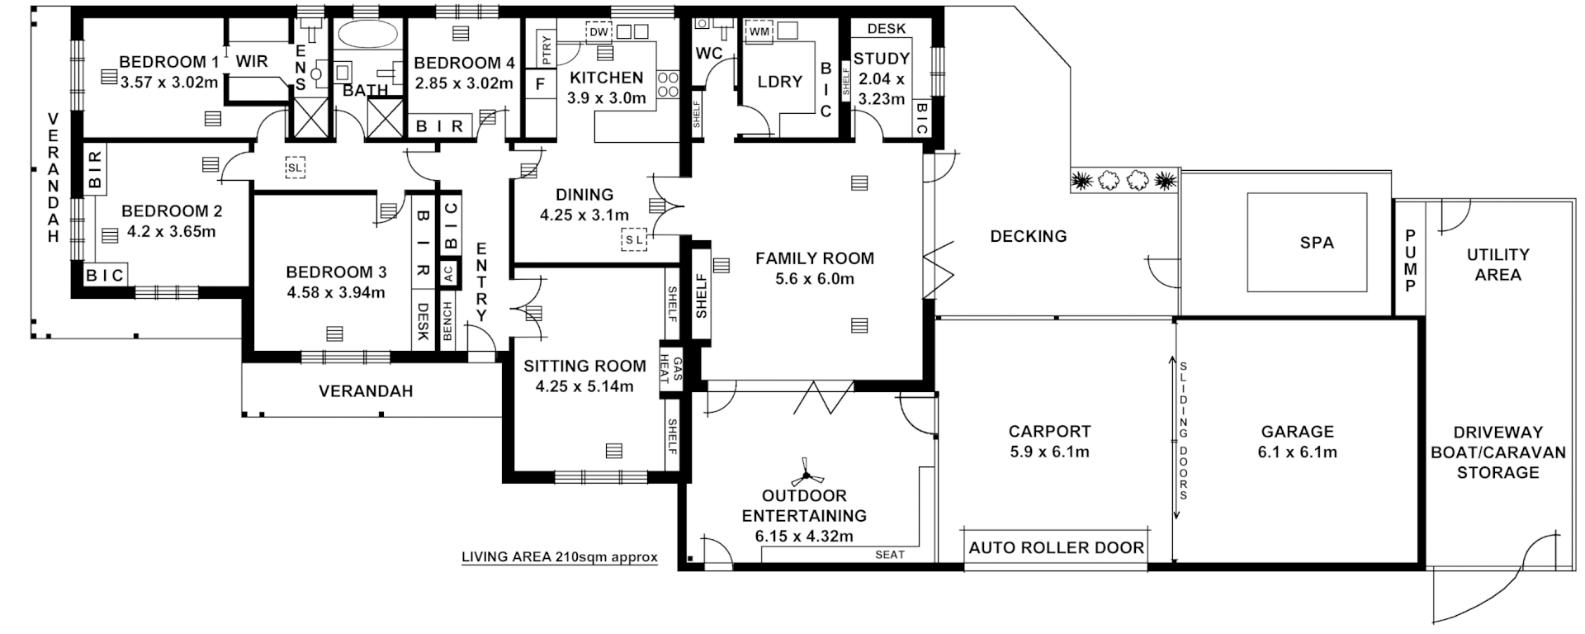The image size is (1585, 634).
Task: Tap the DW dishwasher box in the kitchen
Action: click(599, 32)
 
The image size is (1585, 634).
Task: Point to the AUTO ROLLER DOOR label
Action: click(1056, 547)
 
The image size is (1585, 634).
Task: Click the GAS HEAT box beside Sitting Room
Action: click(671, 370)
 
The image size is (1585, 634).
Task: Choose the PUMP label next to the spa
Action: click(1410, 261)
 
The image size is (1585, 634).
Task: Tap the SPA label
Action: click(1316, 243)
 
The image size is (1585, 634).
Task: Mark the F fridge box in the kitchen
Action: click(541, 84)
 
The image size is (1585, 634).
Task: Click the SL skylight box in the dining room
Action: click(633, 239)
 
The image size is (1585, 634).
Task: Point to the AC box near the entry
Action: click(448, 273)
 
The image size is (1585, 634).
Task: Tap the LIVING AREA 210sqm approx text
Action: click(559, 556)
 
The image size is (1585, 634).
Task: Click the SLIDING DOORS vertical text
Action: click(1183, 430)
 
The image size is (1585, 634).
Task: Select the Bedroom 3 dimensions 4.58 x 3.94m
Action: click(335, 292)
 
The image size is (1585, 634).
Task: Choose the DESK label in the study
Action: click(886, 28)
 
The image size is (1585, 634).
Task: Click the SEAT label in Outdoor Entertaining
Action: click(889, 555)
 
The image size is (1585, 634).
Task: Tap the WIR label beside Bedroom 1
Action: click(251, 62)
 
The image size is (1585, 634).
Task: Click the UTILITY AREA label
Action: click(1497, 264)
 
